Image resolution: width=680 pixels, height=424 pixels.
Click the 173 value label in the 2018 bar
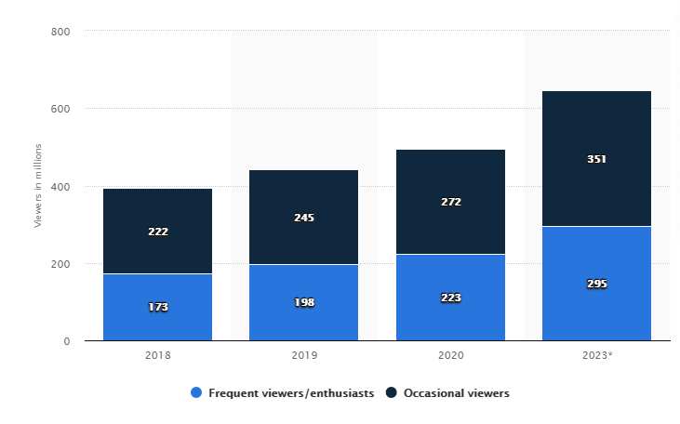point(157,307)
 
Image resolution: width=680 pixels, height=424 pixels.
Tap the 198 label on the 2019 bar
point(304,302)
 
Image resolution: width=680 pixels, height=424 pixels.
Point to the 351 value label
point(596,159)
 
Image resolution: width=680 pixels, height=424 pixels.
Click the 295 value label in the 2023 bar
point(596,283)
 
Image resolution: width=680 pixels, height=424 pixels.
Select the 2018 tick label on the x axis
point(157,355)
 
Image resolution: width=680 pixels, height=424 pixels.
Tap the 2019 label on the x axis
point(304,355)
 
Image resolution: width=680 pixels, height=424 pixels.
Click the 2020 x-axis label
point(450,355)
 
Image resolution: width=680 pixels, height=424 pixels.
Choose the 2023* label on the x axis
point(596,355)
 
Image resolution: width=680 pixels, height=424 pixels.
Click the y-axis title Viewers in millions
point(38,186)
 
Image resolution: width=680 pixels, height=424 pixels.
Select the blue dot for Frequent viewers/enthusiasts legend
point(195,393)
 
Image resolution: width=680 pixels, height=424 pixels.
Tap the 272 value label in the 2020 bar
point(450,202)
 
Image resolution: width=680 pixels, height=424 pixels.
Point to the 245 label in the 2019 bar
point(304,218)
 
